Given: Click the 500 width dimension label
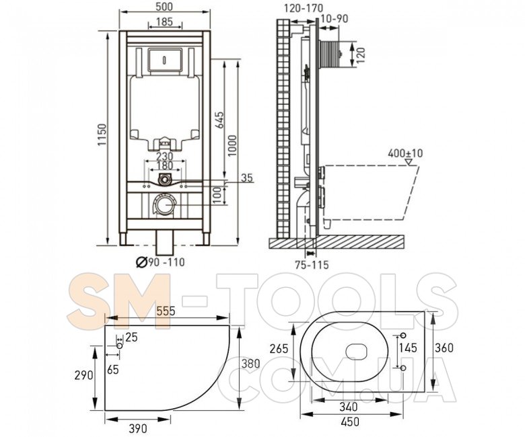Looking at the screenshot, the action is pyautogui.click(x=165, y=7).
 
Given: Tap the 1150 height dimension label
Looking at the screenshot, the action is pyautogui.click(x=102, y=134).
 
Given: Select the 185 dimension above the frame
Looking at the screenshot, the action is pyautogui.click(x=165, y=22).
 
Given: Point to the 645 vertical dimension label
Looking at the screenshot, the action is pyautogui.click(x=219, y=120).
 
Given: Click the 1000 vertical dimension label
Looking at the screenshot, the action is pyautogui.click(x=232, y=145).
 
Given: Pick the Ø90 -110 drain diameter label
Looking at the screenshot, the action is pyautogui.click(x=160, y=262).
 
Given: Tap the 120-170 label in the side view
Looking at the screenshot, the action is pyautogui.click(x=304, y=7).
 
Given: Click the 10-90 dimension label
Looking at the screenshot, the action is pyautogui.click(x=335, y=18).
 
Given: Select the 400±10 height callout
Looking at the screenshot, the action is pyautogui.click(x=405, y=153).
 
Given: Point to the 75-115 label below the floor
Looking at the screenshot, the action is pyautogui.click(x=312, y=264).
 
